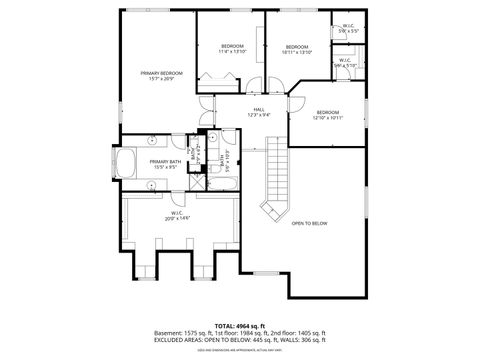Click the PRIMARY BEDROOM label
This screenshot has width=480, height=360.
point(161,73)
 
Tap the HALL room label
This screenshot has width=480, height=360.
point(258,109)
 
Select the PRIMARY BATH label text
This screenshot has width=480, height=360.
point(166,161)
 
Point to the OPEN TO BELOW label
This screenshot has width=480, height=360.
point(309,223)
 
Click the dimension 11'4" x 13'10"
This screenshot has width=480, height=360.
point(232,52)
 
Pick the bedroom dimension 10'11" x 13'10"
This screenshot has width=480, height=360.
point(298,52)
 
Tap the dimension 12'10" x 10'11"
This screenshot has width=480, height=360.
point(328,118)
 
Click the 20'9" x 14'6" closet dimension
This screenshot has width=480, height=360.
point(181,218)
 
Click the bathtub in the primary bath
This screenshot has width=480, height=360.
point(129,164)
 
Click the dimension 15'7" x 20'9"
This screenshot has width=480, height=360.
point(161,79)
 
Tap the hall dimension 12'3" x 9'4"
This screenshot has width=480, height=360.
point(258,115)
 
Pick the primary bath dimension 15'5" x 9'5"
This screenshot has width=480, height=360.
point(166,167)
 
